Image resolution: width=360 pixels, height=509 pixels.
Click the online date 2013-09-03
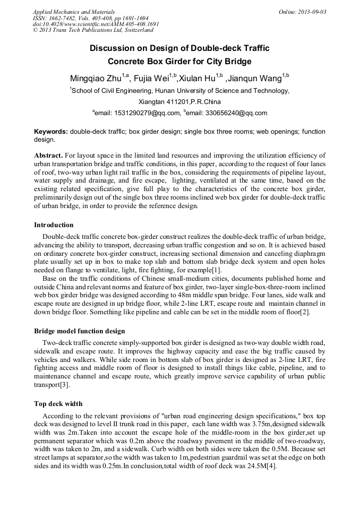[x=311, y=12]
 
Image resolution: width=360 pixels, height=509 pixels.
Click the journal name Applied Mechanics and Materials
[x=74, y=12]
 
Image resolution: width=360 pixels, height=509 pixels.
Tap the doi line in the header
[x=96, y=24]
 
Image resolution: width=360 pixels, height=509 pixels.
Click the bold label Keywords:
[x=51, y=131]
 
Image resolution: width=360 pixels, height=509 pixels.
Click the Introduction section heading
[x=54, y=225]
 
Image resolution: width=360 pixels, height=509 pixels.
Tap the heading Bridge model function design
[x=80, y=331]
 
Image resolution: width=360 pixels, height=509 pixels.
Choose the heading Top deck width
[x=58, y=403]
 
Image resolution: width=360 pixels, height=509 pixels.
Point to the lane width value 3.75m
[x=262, y=425]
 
